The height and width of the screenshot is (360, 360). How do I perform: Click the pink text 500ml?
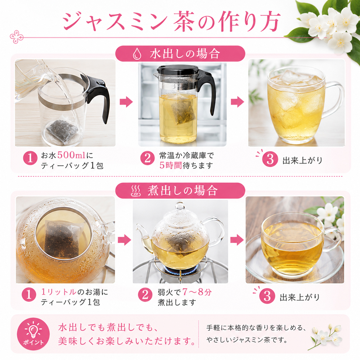pos(71,155)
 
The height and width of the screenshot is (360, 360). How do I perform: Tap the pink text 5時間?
pos(171,165)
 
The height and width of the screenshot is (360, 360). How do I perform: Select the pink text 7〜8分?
pos(197,292)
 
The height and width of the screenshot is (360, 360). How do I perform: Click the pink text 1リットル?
pos(59,292)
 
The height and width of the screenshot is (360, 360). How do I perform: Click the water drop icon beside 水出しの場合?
pos(137,54)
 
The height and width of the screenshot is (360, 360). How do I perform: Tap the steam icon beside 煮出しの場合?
pos(136,191)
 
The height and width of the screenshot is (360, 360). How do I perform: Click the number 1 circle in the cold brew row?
pos(30,158)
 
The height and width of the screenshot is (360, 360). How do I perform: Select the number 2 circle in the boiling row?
pos(145,295)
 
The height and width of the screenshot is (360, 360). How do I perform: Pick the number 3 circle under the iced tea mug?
pos(270,159)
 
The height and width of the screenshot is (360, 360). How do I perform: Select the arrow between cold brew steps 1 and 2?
pos(126,102)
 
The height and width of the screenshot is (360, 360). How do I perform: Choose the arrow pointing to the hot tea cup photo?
pos(237,240)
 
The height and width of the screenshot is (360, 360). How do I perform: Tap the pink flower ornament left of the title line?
pos(17,37)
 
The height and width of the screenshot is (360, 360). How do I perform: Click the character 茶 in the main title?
pos(184,22)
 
